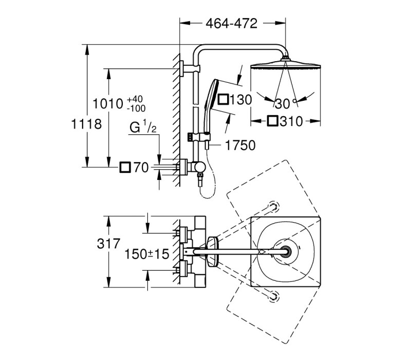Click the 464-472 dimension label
tap(232, 24)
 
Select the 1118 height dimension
tap(86, 124)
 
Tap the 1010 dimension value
tap(108, 104)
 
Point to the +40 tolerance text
tap(135, 99)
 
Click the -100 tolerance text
tap(136, 108)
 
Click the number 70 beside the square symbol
tap(141, 168)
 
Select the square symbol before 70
tap(125, 168)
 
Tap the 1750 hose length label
tap(240, 145)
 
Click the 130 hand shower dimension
tap(240, 100)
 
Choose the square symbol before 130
tap(223, 99)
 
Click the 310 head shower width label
tap(291, 121)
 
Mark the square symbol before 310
tap(273, 121)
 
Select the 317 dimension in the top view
tap(108, 243)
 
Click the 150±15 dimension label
tap(146, 254)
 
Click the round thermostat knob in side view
tap(200, 167)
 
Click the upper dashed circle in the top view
tap(273, 207)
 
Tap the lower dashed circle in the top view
tap(273, 297)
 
